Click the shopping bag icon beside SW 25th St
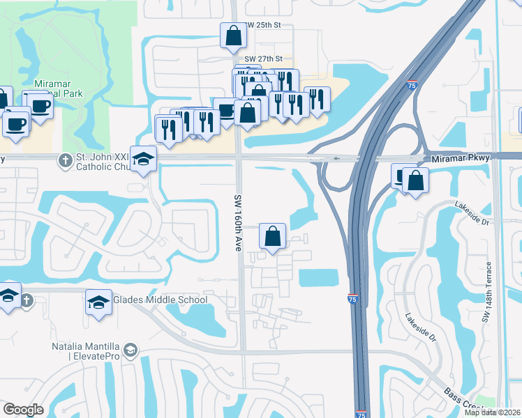tap(233, 35)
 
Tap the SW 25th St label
tap(263, 25)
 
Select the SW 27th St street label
tap(263, 59)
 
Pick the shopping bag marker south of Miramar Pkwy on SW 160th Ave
tap(272, 235)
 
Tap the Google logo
tap(23, 410)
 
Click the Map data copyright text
tap(493, 412)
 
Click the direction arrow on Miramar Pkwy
tap(337, 158)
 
